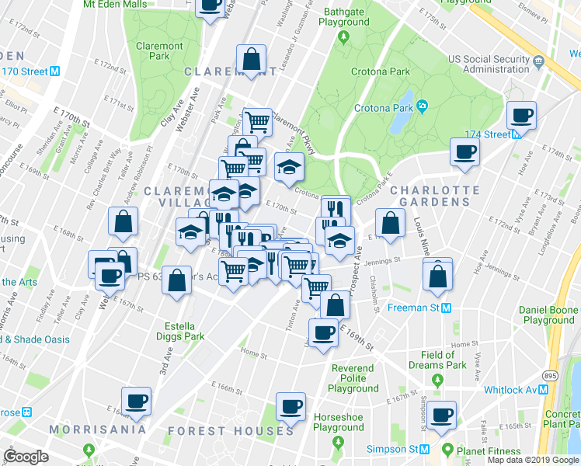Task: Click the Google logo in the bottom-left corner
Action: [x=26, y=457]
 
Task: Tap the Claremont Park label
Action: [x=159, y=51]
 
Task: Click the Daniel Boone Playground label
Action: [x=549, y=315]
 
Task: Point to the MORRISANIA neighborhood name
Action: [x=97, y=429]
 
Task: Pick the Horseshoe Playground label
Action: [x=339, y=422]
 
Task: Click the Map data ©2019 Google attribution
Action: [x=533, y=460]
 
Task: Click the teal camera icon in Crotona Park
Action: [x=422, y=106]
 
